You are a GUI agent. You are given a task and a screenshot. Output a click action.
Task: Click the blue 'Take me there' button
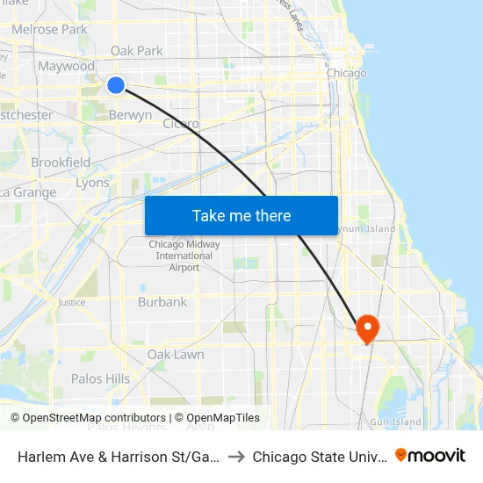point(241,215)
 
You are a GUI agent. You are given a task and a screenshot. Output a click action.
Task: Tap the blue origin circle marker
point(116,84)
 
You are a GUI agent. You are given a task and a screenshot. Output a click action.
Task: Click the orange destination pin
point(365,328)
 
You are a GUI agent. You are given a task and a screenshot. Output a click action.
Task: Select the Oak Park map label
point(136,51)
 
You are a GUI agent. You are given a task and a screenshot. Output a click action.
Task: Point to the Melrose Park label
point(49,29)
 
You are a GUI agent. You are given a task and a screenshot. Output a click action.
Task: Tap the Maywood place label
point(66,66)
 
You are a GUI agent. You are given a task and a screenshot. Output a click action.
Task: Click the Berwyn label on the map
point(130,115)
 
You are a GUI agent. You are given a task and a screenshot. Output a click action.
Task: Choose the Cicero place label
point(181,124)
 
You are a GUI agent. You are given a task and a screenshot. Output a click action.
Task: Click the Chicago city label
point(346,73)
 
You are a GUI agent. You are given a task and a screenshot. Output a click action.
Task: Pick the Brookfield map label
point(61,162)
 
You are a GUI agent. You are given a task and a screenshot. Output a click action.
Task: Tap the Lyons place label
point(92,183)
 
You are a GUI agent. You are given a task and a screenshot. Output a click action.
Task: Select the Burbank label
point(162,302)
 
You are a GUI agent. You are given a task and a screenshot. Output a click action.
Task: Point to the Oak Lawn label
point(176,355)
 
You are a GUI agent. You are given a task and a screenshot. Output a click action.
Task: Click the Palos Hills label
point(100,378)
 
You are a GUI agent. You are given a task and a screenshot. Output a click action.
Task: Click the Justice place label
point(71,302)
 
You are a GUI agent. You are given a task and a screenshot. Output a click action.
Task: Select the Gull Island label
point(395,422)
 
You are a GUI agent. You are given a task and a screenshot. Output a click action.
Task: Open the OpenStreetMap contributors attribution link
point(91,418)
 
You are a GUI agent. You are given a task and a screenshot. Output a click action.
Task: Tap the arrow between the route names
point(235,457)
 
